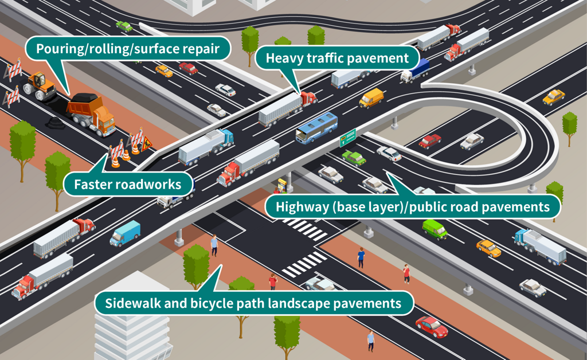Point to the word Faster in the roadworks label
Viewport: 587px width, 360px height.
[95, 185]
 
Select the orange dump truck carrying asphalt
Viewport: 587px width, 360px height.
[92, 114]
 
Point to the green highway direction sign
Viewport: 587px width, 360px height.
[348, 138]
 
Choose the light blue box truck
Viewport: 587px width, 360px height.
[125, 233]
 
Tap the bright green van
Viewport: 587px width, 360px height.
[435, 229]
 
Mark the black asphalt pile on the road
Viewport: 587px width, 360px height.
[56, 122]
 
